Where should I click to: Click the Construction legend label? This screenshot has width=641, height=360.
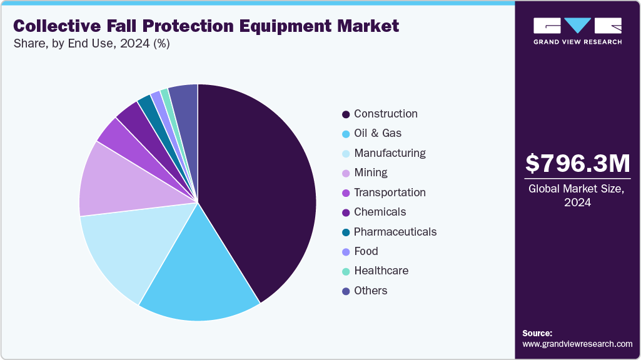[x=385, y=114]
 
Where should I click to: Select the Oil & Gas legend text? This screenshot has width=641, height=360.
[x=378, y=133]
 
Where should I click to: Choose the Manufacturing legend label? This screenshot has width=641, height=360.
[x=390, y=153]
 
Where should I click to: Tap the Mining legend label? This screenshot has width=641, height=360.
[x=370, y=172]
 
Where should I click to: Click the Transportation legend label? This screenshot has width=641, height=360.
[x=390, y=192]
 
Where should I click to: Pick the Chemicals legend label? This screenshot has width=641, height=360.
[x=380, y=212]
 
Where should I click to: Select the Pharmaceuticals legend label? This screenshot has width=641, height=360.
[x=395, y=232]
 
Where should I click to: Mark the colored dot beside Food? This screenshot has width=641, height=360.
[x=345, y=252]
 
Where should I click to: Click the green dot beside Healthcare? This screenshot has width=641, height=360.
[x=345, y=271]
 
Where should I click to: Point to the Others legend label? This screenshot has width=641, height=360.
[x=370, y=291]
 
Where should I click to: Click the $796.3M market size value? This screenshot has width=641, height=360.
[x=577, y=163]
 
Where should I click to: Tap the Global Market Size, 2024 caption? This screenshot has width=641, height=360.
[x=577, y=196]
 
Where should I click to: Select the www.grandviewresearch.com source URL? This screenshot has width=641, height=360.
[x=577, y=344]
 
